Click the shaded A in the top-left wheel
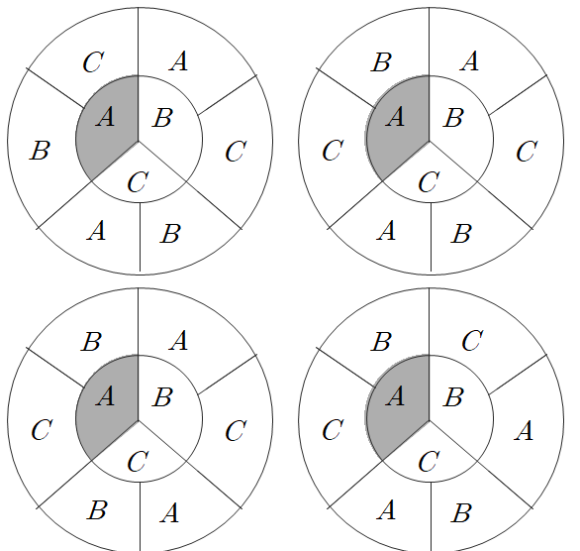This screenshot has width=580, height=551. [106, 117]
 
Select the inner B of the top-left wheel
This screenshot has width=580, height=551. [162, 118]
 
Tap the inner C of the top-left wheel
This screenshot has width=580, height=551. [138, 181]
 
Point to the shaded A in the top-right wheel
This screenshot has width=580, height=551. [396, 117]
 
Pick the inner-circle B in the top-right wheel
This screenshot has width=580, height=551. [453, 118]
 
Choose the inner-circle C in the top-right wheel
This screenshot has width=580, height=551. [429, 181]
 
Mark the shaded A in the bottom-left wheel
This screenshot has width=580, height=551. [106, 396]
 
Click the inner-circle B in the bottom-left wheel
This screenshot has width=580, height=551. [162, 397]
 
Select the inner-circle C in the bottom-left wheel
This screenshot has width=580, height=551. [138, 461]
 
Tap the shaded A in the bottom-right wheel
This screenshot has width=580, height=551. [396, 396]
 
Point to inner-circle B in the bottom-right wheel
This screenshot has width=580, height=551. [453, 397]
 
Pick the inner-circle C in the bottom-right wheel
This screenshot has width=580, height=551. [429, 461]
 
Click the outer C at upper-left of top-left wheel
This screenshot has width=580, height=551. [93, 61]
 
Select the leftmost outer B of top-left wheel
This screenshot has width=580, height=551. [40, 151]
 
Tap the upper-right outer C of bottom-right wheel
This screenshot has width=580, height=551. [472, 341]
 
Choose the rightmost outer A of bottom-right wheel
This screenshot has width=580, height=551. [524, 431]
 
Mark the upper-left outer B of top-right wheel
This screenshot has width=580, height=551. [381, 61]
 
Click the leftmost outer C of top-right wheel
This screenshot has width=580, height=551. [333, 151]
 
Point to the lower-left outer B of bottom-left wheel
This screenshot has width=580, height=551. [97, 510]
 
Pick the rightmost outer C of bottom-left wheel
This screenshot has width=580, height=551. [236, 431]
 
